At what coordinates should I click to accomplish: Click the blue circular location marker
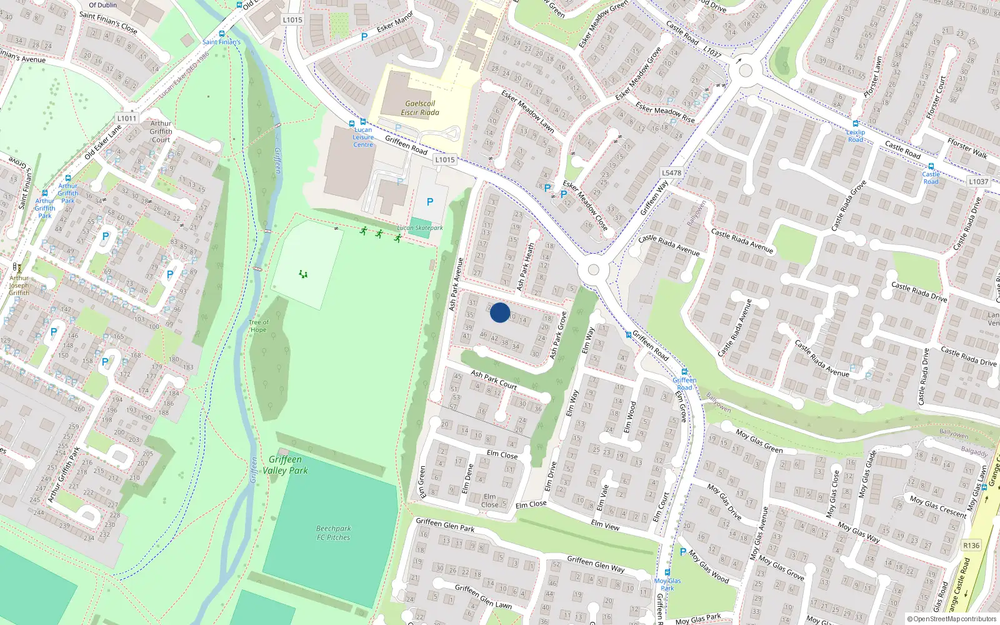[500, 312]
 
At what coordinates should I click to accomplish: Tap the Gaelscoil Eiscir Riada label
[420, 108]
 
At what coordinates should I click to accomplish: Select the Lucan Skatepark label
[420, 228]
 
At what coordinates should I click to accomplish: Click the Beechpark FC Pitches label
[333, 533]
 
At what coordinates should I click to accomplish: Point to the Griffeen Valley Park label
[285, 465]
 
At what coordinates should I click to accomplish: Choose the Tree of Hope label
[258, 326]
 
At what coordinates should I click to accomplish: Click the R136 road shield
[971, 546]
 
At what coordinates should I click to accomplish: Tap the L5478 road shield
[671, 173]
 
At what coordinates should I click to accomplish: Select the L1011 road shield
[126, 118]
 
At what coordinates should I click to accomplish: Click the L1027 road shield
[712, 52]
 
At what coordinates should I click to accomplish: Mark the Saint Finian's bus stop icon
[222, 34]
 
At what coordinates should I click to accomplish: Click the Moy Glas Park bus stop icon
[667, 572]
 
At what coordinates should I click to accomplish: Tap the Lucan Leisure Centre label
[363, 137]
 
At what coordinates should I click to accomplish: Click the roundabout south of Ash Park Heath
[593, 271]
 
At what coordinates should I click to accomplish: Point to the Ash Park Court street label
[494, 380]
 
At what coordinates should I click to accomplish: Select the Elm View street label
[605, 526]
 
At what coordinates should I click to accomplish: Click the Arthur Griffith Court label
[161, 132]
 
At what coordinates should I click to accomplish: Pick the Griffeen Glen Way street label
[596, 564]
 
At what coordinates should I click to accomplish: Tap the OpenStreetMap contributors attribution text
[952, 619]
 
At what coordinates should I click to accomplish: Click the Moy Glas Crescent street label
[938, 506]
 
